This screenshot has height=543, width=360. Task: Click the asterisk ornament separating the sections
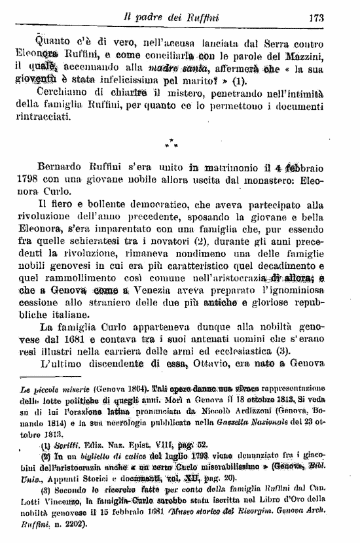point(171,142)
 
